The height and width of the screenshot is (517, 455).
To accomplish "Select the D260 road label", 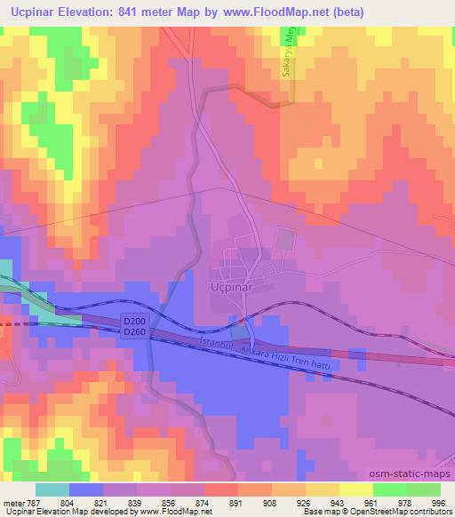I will click(x=132, y=332).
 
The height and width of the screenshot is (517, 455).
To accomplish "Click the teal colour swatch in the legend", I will click(x=52, y=489).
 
